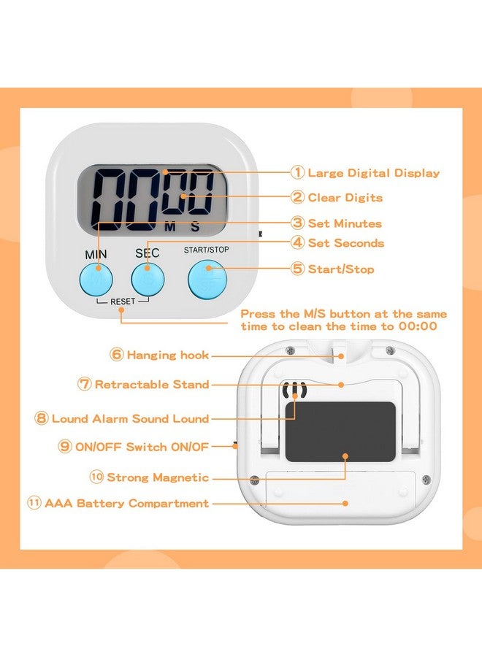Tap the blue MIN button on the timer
[x=96, y=279]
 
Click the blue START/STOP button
[x=207, y=280]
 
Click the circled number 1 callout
[x=297, y=172]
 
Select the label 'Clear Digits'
[x=345, y=198]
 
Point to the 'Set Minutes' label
[x=345, y=223]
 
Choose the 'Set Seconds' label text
[x=345, y=243]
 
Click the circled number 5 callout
[x=297, y=269]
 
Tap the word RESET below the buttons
[x=123, y=301]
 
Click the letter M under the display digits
[x=170, y=227]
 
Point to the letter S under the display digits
[x=195, y=227]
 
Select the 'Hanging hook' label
[x=168, y=356]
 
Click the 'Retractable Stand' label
[x=152, y=384]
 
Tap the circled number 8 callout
[x=41, y=418]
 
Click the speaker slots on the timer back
[x=294, y=390]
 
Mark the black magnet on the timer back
[x=340, y=431]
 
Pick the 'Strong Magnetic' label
[x=158, y=477]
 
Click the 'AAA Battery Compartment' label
[x=126, y=503]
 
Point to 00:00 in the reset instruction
[x=418, y=326]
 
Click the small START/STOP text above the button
[x=206, y=250]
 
